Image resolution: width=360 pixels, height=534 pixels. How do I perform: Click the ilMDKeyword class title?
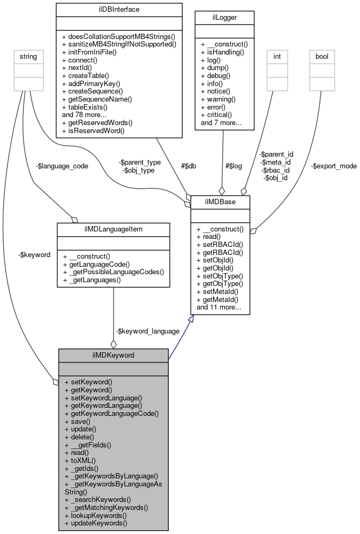(x=113, y=355)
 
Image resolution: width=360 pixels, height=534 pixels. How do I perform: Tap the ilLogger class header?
(x=224, y=18)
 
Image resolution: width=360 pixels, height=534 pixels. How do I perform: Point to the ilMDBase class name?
(x=220, y=202)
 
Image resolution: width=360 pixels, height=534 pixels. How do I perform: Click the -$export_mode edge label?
(x=333, y=166)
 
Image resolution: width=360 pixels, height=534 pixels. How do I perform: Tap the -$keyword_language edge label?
(x=140, y=331)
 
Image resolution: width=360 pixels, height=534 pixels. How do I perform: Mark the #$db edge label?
(x=188, y=166)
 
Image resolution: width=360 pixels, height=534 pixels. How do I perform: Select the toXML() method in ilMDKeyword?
(x=80, y=460)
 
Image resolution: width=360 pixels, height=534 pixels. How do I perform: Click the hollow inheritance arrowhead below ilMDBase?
(x=194, y=319)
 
